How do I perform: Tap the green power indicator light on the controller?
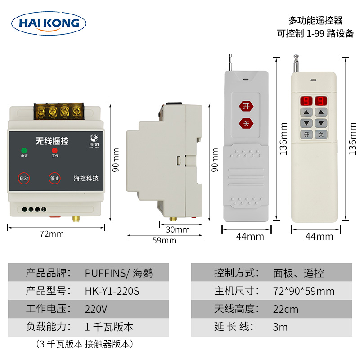point(23,150)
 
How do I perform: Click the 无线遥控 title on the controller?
point(52,140)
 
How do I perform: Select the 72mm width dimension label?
point(52,234)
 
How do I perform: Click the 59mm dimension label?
point(164,240)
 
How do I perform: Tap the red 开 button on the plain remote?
point(246,106)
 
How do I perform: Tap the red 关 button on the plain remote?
point(246,122)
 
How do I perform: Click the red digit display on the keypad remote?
point(314,100)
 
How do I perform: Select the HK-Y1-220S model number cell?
point(112,291)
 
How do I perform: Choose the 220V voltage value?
point(96,310)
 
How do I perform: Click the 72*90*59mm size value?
point(304,291)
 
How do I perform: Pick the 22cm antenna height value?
point(285,310)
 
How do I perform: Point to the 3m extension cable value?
point(280,327)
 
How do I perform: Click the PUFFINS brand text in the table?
point(107,273)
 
